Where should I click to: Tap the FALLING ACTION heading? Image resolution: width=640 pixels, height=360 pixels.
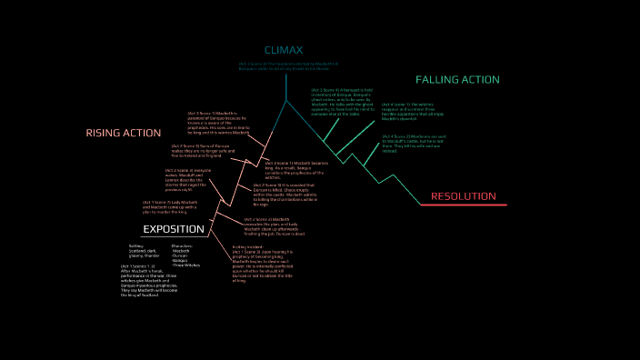coord(457,80)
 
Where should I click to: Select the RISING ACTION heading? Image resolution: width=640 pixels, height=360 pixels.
coord(124,133)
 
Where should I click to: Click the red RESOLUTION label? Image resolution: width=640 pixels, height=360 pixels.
coord(463,196)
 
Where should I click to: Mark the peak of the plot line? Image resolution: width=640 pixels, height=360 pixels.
coord(285,99)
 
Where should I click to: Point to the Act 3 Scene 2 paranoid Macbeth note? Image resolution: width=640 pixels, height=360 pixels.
coord(213,123)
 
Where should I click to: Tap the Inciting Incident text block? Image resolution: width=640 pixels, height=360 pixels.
coord(264,264)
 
